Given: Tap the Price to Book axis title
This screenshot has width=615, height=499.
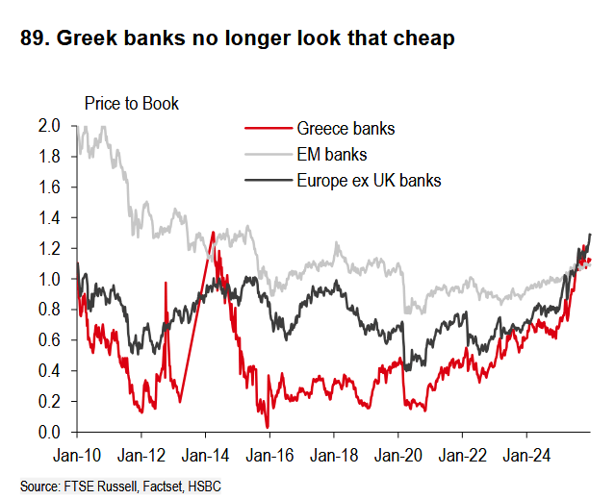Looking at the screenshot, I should pos(131,103).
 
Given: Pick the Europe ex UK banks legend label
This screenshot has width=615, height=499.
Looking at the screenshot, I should pos(369,180).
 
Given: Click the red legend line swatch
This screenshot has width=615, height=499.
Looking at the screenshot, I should pos(267,128).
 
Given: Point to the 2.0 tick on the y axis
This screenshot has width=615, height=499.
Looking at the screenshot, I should pos(50,125).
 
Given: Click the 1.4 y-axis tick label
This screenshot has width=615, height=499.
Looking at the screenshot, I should pos(50,217).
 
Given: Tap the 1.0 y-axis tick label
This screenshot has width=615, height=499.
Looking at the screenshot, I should pos(50,279).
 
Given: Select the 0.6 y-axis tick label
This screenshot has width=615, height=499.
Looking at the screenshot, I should pos(50,340).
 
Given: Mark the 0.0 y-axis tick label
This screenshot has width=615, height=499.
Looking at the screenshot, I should pos(50,433).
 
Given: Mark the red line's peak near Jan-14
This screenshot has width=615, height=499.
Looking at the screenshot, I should pos(212,233).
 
